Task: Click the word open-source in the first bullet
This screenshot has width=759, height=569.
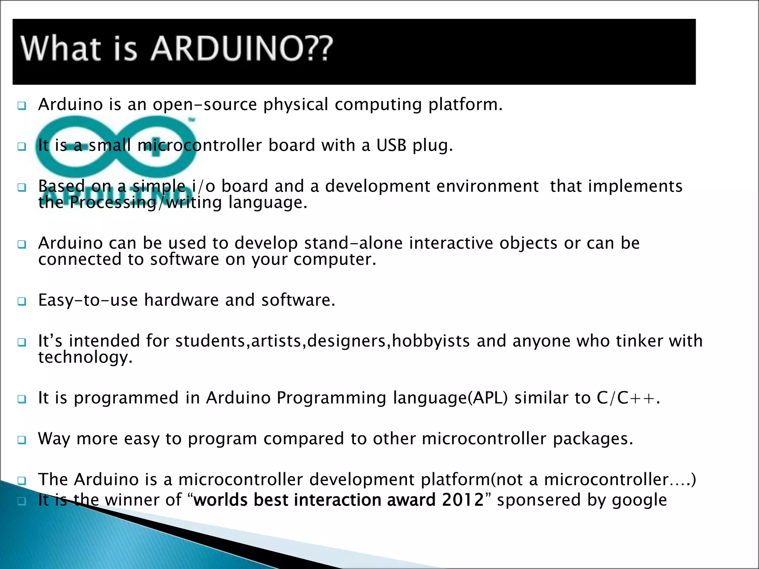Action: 205,104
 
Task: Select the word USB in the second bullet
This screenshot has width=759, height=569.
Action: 391,145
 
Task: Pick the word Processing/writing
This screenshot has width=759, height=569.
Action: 146,203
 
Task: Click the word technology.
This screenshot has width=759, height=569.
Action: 85,357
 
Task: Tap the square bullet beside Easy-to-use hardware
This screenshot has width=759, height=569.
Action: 22,301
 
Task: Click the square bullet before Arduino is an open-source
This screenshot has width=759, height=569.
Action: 22,106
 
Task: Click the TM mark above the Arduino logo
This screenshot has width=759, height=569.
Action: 192,120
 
